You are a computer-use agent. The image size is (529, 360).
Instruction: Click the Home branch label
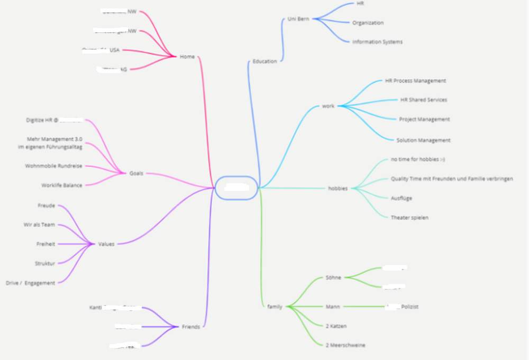(187, 57)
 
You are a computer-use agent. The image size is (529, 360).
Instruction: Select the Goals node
(136, 173)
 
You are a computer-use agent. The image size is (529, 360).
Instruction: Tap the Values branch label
(106, 244)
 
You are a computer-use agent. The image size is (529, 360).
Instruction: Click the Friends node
(190, 327)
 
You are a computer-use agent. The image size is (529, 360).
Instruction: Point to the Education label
(264, 61)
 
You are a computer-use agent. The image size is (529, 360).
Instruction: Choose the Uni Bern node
(298, 19)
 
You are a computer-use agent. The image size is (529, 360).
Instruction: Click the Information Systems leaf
(377, 42)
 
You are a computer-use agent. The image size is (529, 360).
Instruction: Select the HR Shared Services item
(423, 100)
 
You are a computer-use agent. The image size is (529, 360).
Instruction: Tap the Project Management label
(424, 119)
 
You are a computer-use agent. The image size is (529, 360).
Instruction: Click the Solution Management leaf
(423, 140)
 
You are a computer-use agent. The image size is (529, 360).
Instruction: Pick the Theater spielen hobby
(409, 218)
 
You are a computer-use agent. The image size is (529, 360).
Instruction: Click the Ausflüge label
(402, 198)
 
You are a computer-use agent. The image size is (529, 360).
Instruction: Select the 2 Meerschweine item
(345, 345)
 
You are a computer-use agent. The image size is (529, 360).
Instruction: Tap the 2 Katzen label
(336, 326)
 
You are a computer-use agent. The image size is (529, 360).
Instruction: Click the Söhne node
(334, 277)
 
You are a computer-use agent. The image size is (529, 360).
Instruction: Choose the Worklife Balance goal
(62, 185)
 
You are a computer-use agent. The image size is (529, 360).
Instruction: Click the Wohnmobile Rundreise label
(53, 166)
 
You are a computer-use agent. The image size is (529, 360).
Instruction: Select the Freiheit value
(46, 244)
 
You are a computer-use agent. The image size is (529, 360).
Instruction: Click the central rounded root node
(236, 187)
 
